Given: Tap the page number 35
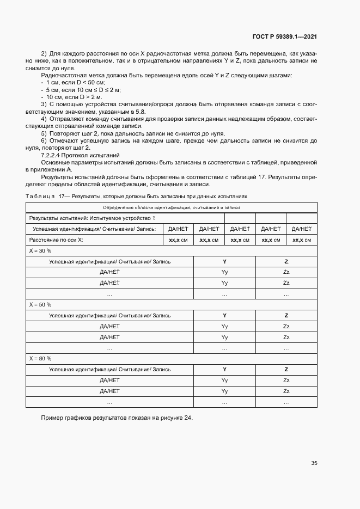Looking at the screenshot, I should click(314, 463).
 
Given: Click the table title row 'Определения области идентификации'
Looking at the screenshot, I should click(171, 207).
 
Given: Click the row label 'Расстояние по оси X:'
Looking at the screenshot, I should click(58, 240).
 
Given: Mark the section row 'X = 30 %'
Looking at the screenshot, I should click(40, 250).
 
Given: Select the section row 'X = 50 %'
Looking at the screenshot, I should click(40, 304).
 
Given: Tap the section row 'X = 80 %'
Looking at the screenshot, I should click(40, 359).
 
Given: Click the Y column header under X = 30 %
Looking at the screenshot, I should click(224, 261).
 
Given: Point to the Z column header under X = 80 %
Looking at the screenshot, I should click(286, 370).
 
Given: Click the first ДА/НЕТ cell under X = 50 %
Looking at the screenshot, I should click(109, 326).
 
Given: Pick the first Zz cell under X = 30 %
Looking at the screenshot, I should click(286, 272).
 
